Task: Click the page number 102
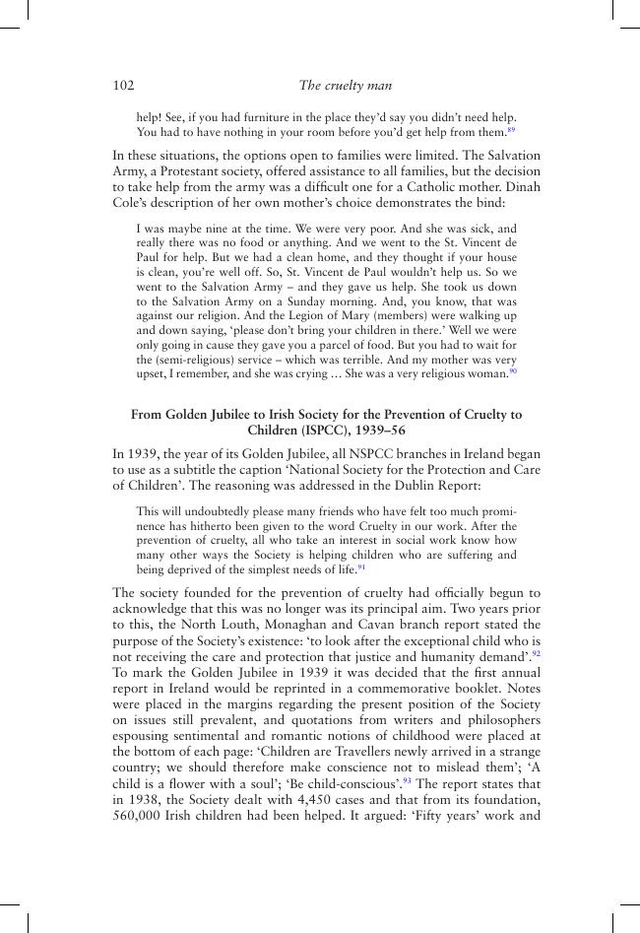[123, 86]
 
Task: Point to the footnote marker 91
[361, 566]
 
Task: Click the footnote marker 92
[536, 652]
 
